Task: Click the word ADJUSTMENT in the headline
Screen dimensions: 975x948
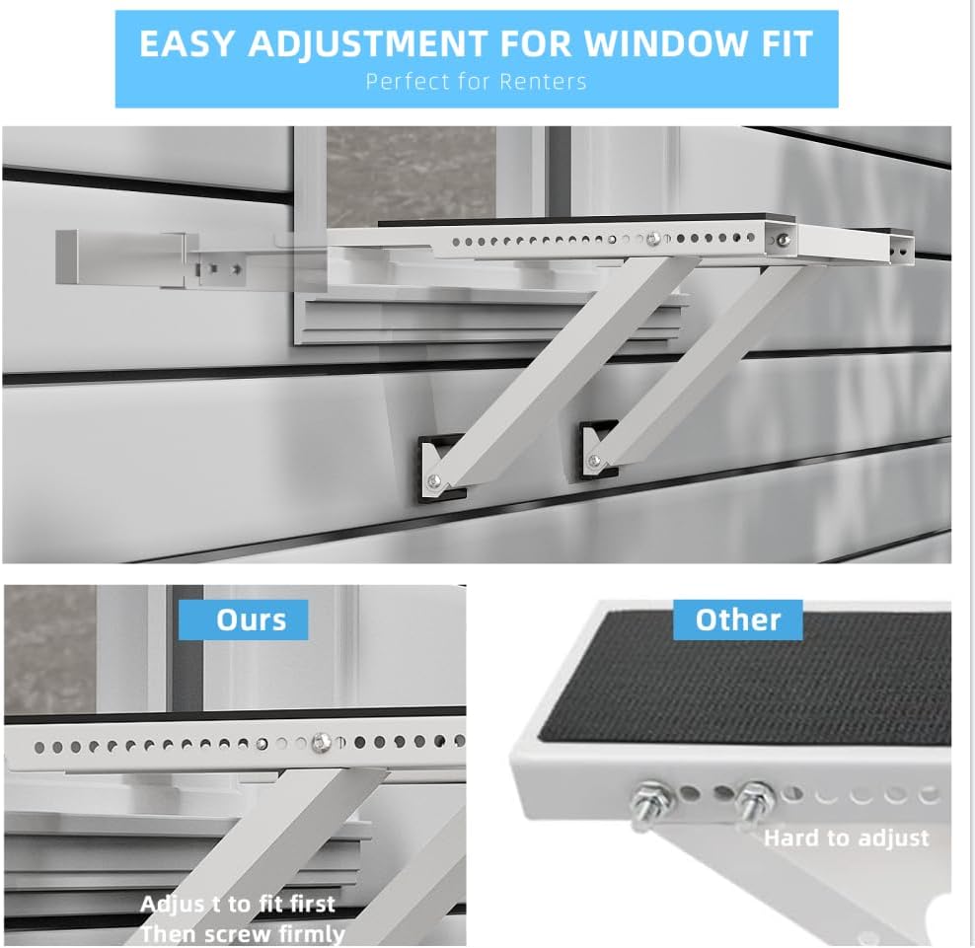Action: (x=368, y=44)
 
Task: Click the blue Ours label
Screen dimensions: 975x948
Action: (x=244, y=620)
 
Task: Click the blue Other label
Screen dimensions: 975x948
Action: (x=737, y=620)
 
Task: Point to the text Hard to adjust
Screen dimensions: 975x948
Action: (x=847, y=838)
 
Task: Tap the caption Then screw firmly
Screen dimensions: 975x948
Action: (x=243, y=934)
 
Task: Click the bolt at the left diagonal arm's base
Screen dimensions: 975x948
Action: (x=434, y=479)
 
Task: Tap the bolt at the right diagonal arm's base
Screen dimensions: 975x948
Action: (x=594, y=461)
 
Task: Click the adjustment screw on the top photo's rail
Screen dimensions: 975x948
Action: (x=652, y=240)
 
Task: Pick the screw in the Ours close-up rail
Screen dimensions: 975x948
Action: (x=321, y=742)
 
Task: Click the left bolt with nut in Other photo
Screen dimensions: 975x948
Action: (x=651, y=802)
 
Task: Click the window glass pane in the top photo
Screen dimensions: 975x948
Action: (x=411, y=178)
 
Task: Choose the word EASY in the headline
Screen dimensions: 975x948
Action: (x=187, y=43)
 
